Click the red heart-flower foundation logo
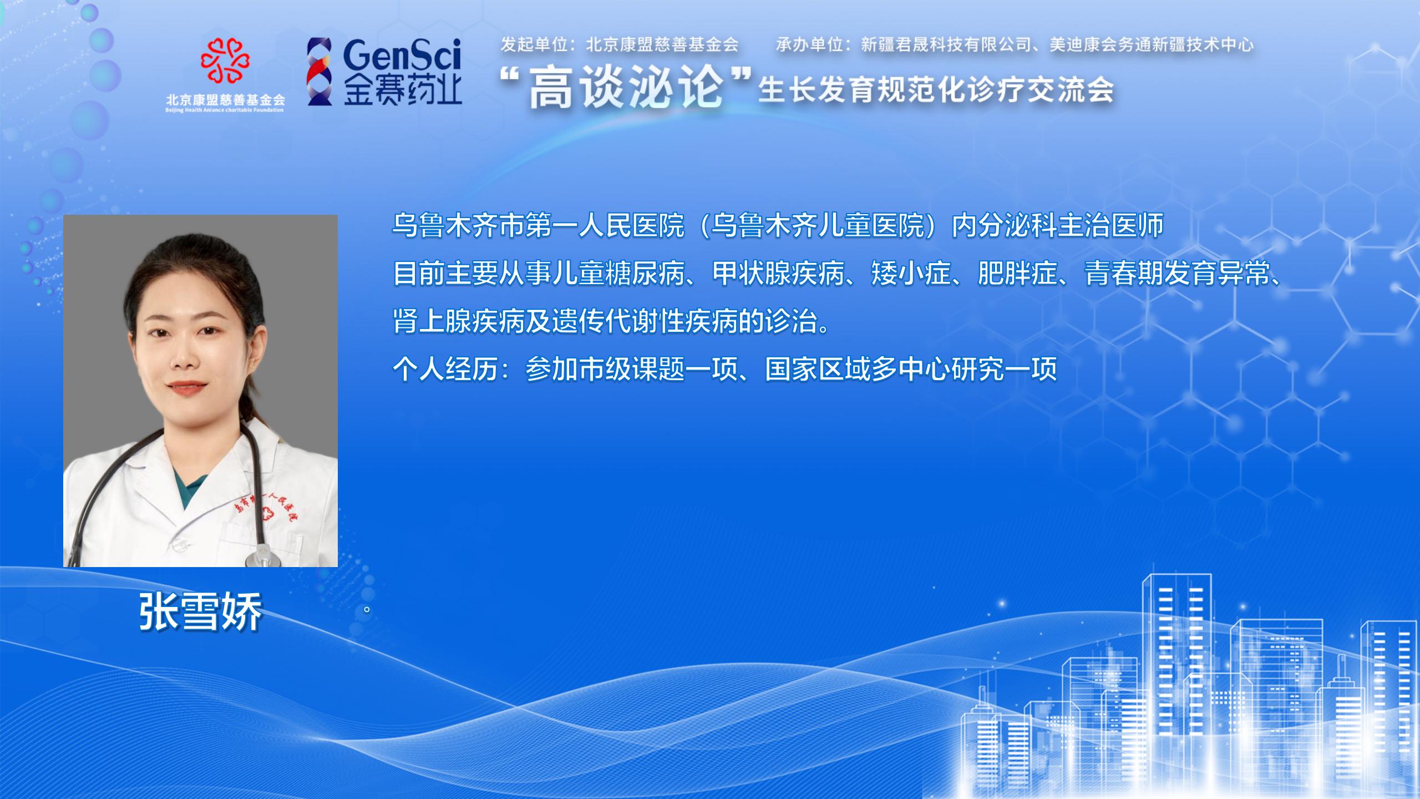[225, 60]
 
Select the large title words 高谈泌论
[626, 89]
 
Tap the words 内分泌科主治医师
[1057, 226]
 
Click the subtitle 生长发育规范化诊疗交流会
[936, 90]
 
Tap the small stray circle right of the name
[367, 610]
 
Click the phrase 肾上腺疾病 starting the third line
[459, 321]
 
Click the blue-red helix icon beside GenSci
[320, 72]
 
